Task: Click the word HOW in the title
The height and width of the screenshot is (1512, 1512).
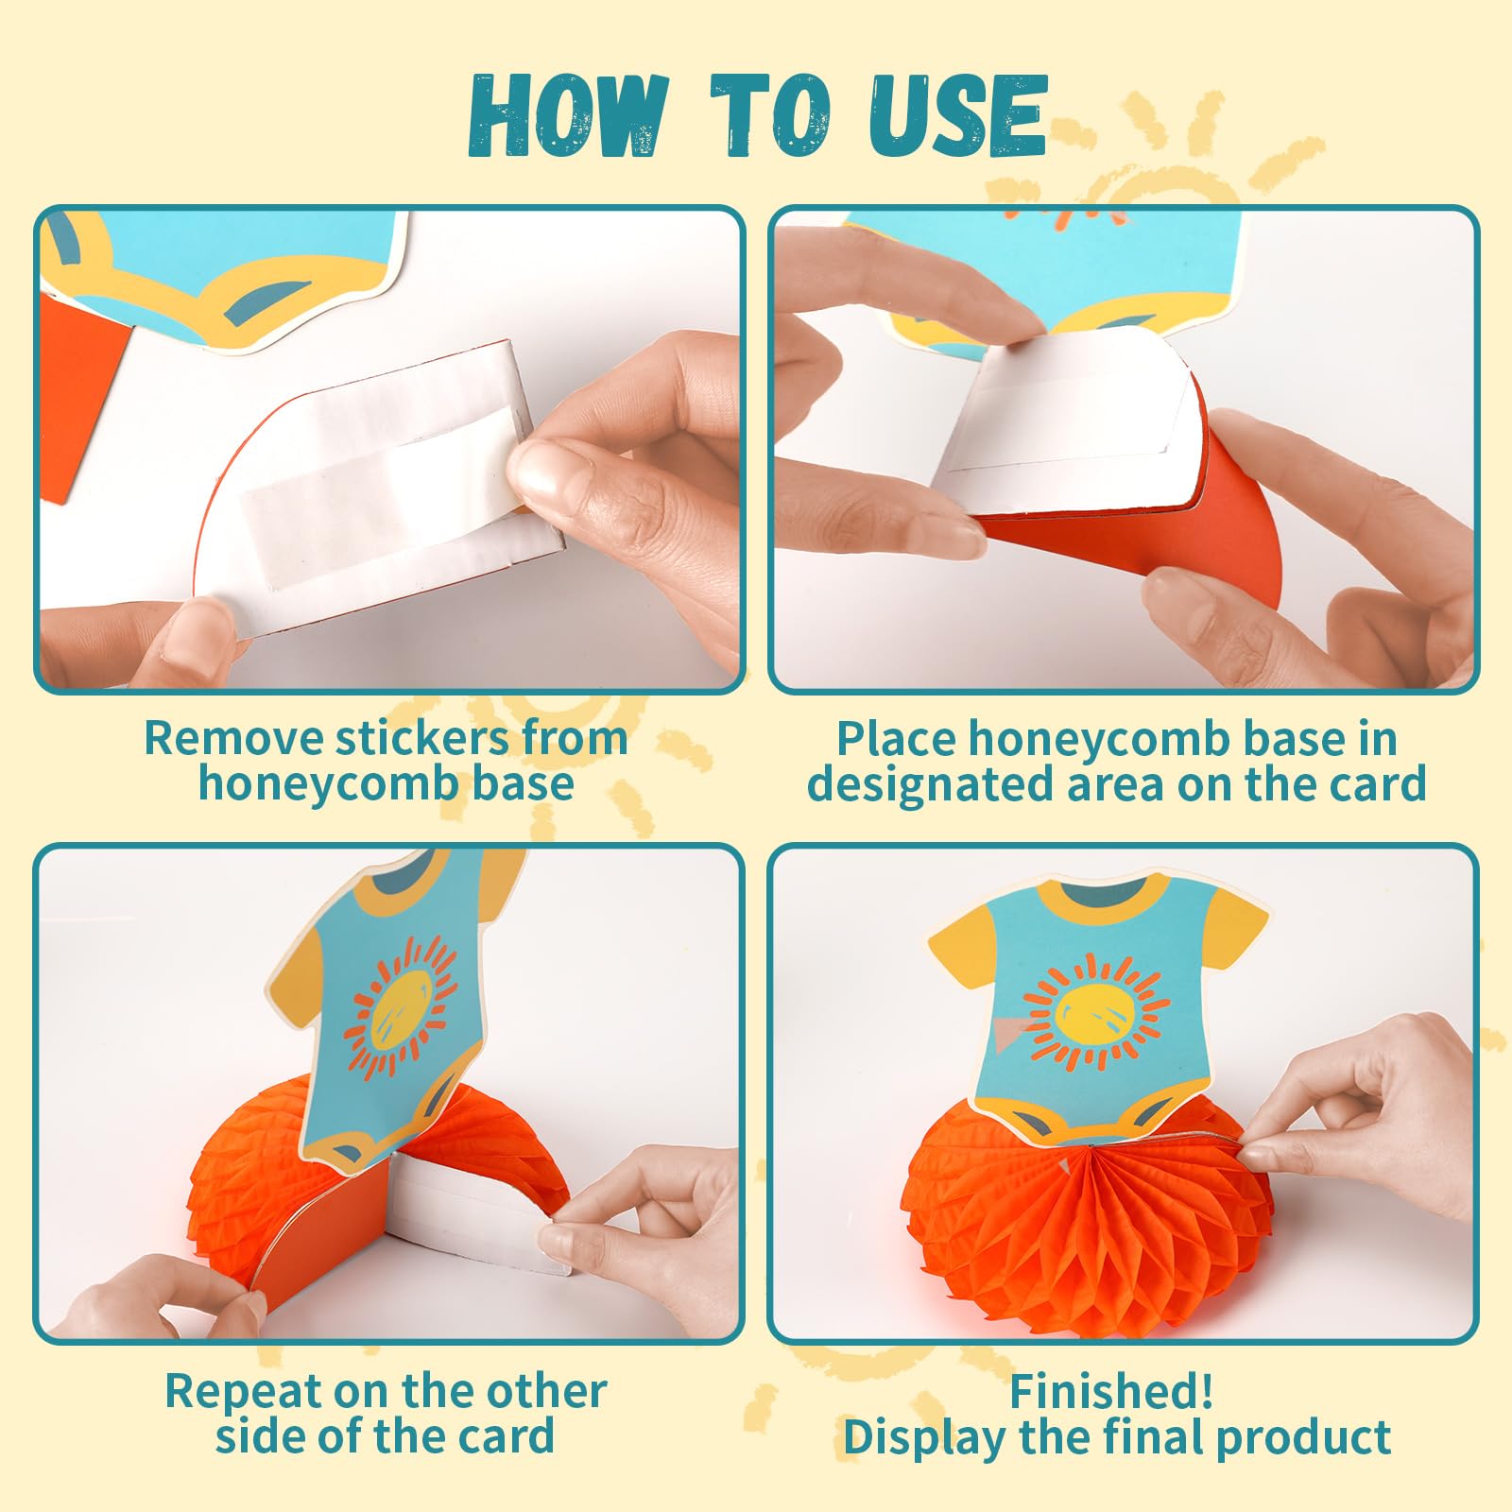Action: (x=565, y=116)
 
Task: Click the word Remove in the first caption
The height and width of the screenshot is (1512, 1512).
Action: (x=234, y=738)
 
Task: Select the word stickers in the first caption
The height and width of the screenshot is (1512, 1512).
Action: (x=423, y=738)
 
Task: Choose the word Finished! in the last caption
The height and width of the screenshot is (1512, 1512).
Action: (x=1111, y=1391)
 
